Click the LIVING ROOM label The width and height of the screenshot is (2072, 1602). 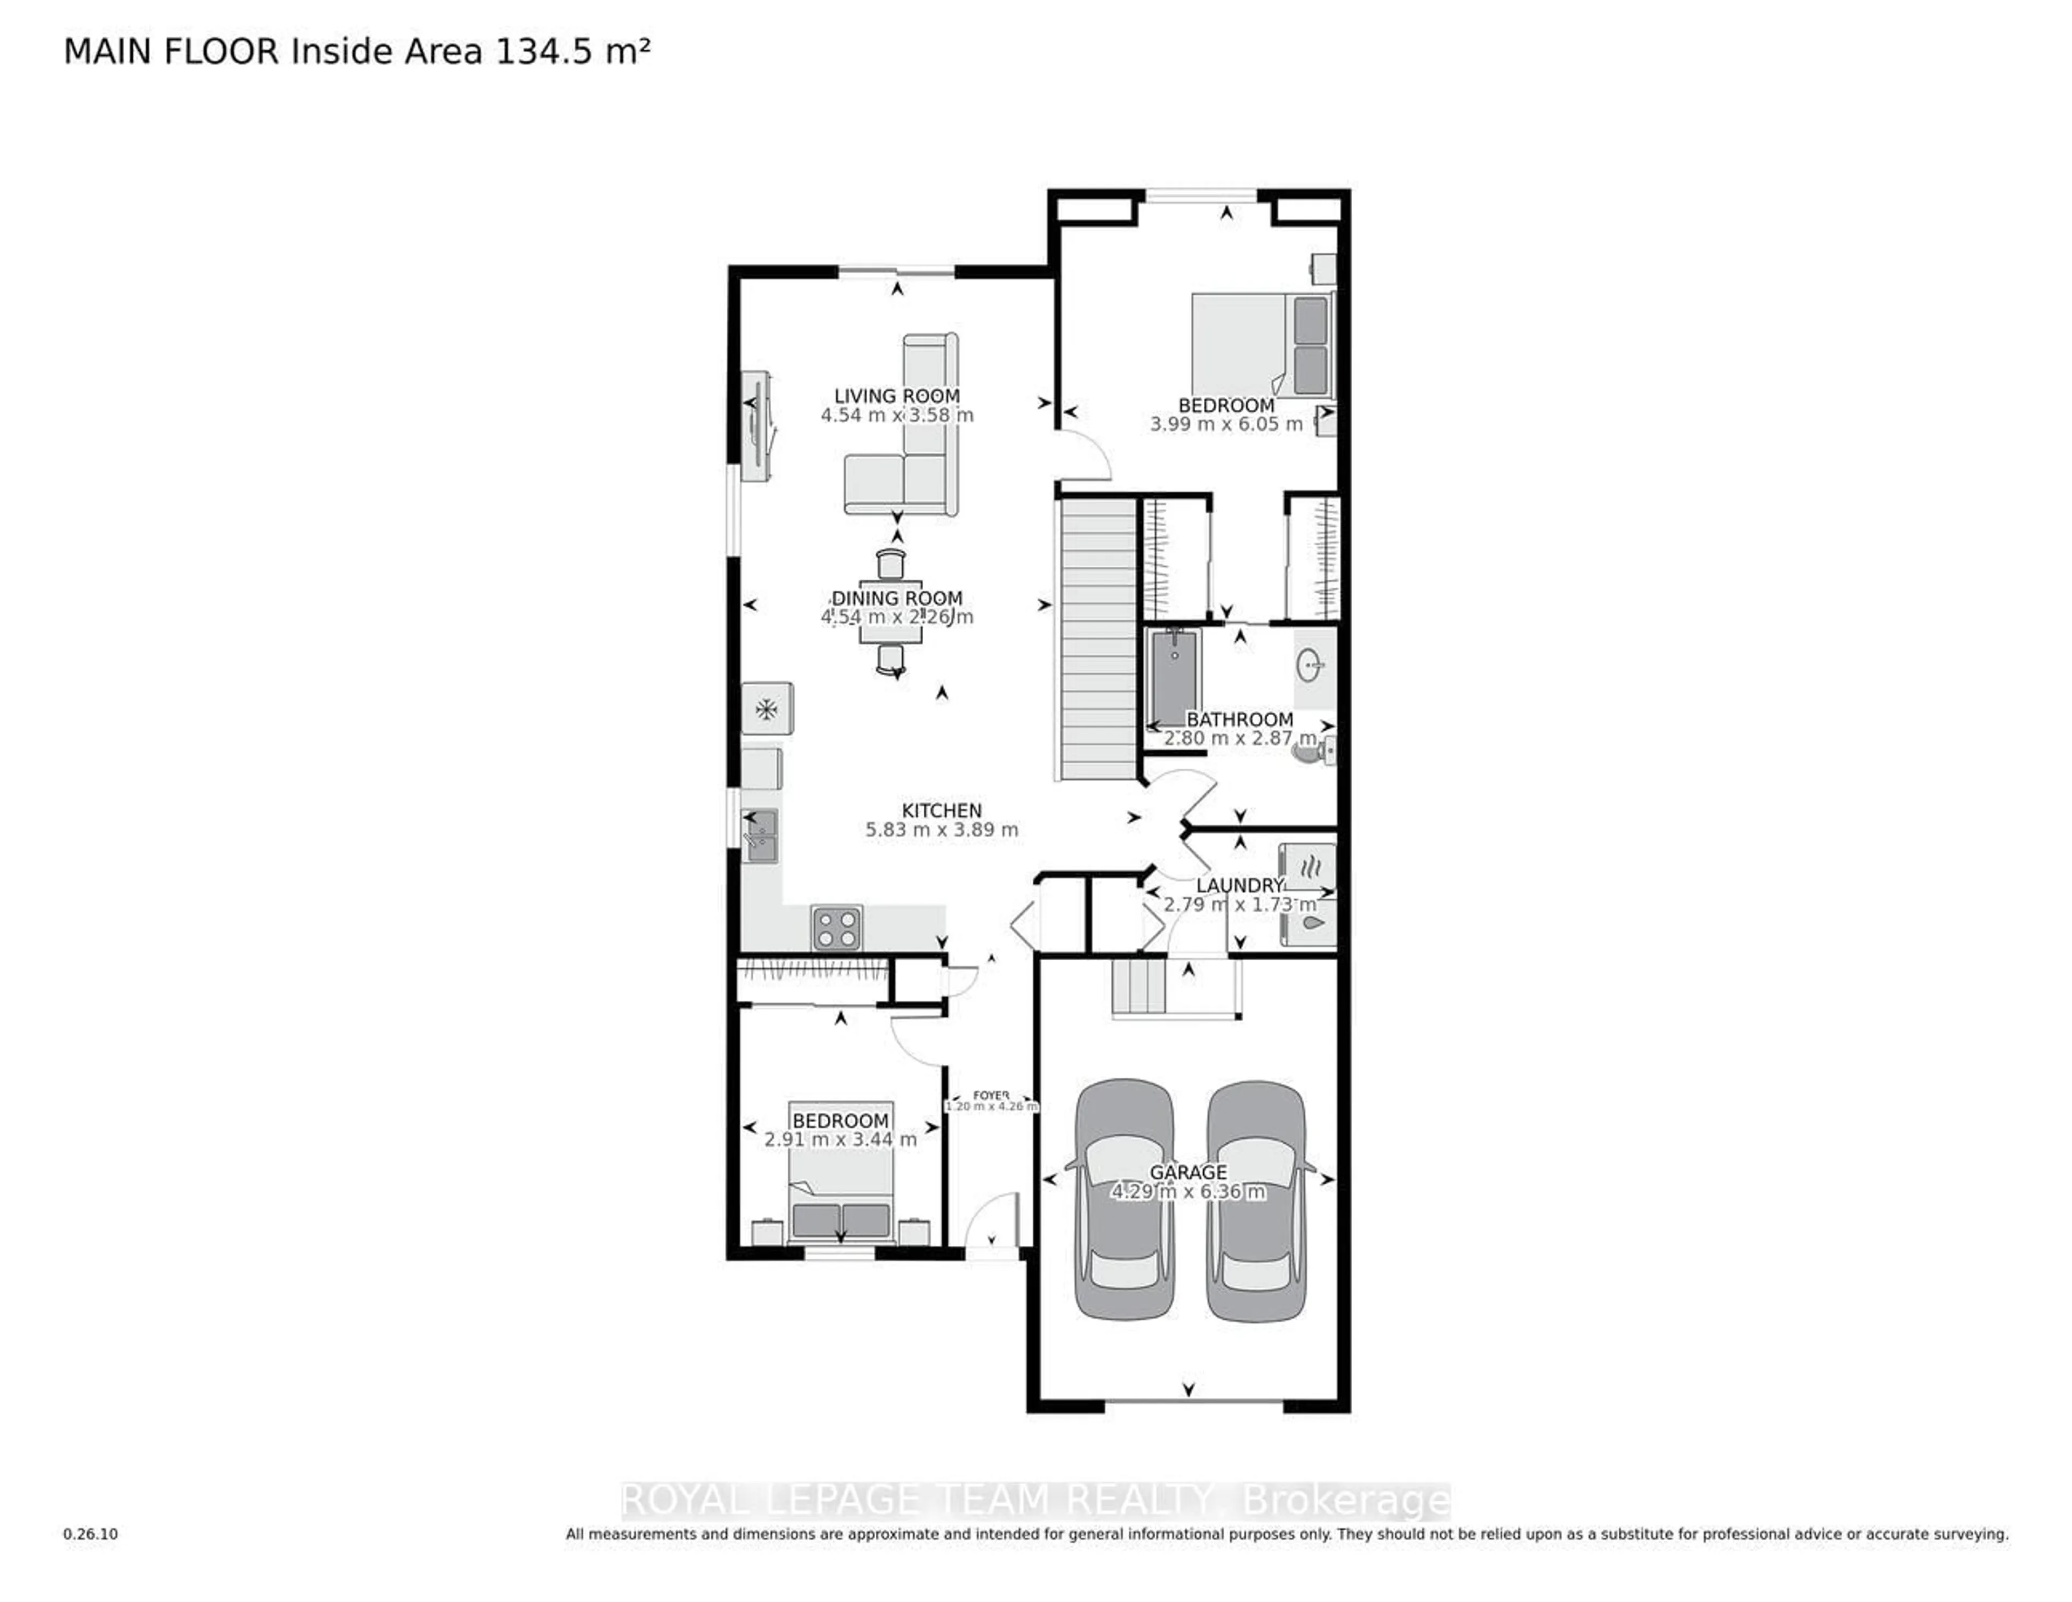pos(897,396)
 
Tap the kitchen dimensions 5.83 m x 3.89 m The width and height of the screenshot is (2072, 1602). pos(941,830)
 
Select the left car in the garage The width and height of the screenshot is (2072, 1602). pos(1123,1199)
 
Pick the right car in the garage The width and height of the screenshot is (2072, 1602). pos(1256,1199)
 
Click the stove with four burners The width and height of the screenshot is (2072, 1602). pos(837,927)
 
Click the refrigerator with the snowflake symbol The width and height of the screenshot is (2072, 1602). pos(767,709)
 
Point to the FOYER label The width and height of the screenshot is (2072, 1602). pos(991,1095)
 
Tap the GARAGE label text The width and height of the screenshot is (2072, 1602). pos(1188,1172)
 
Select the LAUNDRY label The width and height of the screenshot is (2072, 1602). pos(1239,885)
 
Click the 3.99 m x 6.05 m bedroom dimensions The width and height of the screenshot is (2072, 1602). pos(1226,424)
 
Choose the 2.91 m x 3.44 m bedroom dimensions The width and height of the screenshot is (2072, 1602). pos(841,1139)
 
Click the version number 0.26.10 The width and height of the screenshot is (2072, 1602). pos(91,1533)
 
